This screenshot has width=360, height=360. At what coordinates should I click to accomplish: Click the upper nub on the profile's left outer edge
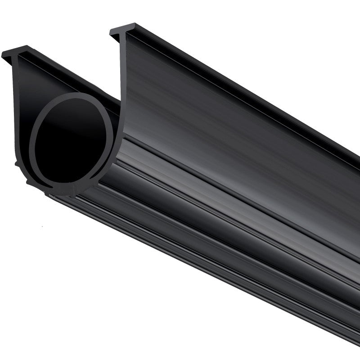pyautogui.click(x=18, y=164)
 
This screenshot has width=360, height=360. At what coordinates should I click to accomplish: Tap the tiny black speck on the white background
pyautogui.click(x=41, y=225)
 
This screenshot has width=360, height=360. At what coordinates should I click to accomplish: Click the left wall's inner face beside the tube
pyautogui.click(x=27, y=90)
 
